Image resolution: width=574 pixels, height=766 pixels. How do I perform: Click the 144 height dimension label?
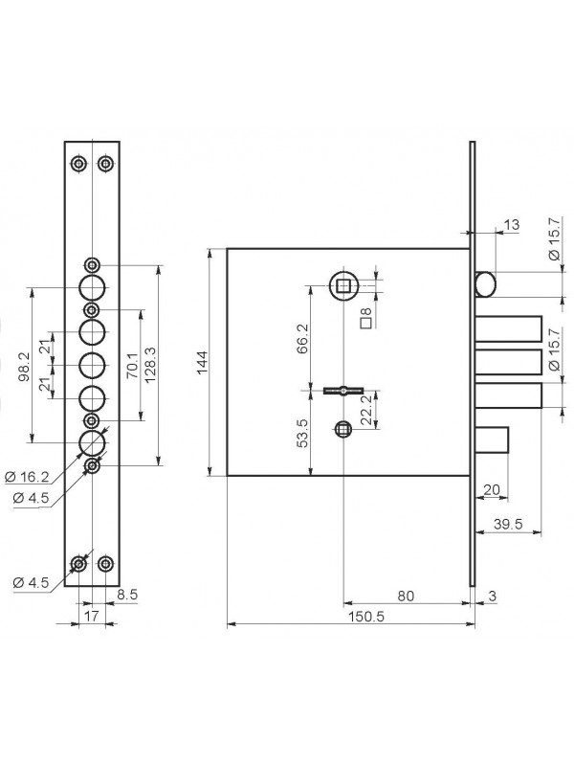coord(203,362)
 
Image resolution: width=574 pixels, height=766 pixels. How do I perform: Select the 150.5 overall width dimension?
coord(366,617)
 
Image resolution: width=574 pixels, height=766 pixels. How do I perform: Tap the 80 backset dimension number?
coord(406,596)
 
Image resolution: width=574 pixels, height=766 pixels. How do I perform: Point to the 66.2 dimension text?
coord(302,339)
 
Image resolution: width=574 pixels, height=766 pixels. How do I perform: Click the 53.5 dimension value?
coord(302,433)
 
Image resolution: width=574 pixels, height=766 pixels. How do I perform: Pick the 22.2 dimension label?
coord(366,410)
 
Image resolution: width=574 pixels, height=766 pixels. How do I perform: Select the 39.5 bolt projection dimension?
coord(508,524)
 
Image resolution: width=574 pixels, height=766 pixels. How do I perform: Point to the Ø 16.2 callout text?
coord(28,477)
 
